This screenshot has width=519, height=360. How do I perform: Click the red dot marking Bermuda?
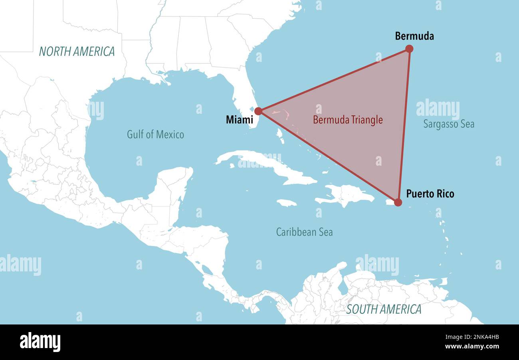(x=409, y=49)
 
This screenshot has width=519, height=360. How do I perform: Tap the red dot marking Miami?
(x=258, y=111)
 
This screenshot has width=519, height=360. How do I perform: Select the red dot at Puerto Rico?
(x=398, y=202)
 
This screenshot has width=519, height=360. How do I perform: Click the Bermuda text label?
(x=414, y=36)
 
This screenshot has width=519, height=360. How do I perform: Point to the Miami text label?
(x=239, y=119)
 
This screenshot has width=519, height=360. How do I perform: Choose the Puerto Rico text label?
(x=430, y=194)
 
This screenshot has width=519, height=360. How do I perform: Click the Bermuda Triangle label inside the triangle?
(x=348, y=120)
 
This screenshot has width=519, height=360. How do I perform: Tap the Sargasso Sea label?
(x=449, y=124)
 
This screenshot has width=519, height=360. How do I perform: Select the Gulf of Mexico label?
(x=155, y=135)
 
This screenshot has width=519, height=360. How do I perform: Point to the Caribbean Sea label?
(x=304, y=232)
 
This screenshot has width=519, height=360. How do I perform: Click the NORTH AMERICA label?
(x=77, y=51)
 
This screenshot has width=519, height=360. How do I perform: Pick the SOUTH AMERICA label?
(x=384, y=309)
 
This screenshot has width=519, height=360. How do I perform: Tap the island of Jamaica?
(x=287, y=203)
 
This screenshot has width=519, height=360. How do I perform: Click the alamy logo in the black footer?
(x=40, y=342)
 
